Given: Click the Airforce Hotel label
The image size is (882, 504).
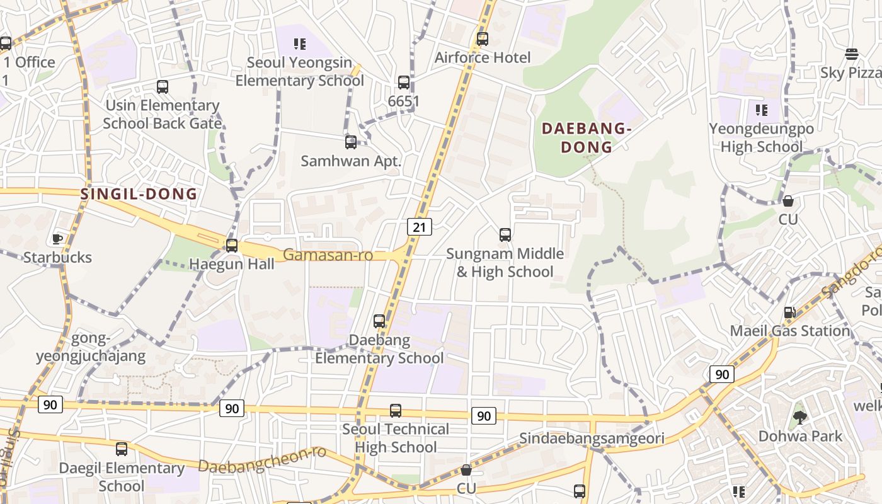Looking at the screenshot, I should tap(483, 57).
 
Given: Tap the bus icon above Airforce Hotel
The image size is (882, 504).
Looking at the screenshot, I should tap(483, 39).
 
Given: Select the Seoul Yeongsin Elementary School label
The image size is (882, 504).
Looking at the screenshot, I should tap(299, 72).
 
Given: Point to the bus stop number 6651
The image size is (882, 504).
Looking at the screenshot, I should tap(404, 101).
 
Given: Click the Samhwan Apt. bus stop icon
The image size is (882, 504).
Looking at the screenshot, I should tap(351, 142).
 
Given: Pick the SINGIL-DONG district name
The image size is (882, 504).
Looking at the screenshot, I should tap(139, 194).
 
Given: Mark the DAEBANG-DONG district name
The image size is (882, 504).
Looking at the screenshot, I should tap(586, 138).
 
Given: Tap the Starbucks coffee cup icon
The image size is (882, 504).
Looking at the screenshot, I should tap(57, 238).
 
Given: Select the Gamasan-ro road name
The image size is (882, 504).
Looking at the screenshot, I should tap(328, 255).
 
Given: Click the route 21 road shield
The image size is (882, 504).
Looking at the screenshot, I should tap(419, 227).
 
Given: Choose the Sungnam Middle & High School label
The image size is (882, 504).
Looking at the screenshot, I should tap(505, 263).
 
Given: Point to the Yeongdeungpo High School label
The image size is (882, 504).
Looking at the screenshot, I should tap(761, 138).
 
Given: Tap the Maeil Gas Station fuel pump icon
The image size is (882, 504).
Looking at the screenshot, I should tap(789, 312).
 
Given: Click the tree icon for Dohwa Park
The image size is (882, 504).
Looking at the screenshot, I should tap(799, 417).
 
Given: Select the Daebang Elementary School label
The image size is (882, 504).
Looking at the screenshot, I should tap(379, 349).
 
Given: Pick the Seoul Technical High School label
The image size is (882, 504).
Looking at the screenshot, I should tap(396, 438).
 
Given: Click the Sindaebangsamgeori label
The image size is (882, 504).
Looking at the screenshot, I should tap(592, 438).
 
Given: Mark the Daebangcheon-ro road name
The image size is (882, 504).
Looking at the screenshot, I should tap(262, 460).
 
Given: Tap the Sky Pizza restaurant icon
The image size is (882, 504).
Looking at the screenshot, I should tap(852, 54).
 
